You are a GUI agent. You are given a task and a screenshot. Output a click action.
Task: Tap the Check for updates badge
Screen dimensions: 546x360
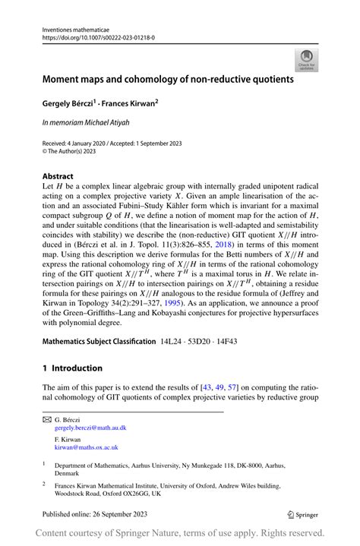[308, 59]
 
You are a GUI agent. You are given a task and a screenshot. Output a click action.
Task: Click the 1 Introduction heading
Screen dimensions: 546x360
[73, 368]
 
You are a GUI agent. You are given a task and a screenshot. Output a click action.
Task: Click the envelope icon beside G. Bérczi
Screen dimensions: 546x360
[47, 419]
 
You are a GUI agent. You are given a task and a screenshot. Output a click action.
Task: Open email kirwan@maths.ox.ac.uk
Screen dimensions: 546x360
[84, 449]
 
